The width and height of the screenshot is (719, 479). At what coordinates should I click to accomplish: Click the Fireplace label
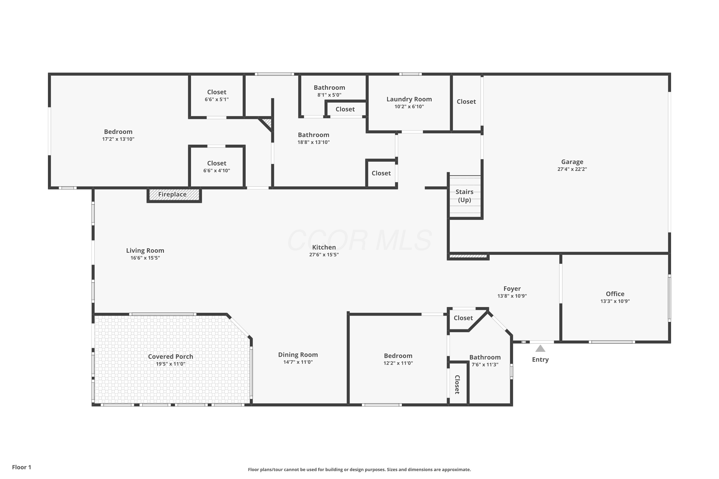click(172, 194)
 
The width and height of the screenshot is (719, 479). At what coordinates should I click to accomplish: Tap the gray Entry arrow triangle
click(540, 348)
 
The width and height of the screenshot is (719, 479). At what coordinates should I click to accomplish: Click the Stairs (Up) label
click(464, 196)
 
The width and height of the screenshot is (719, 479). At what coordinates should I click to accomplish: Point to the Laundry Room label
click(409, 99)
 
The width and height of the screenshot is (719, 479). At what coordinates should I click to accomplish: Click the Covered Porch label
click(171, 357)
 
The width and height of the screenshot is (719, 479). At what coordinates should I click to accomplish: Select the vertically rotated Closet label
click(457, 385)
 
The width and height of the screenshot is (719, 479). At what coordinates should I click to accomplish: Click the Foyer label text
click(512, 289)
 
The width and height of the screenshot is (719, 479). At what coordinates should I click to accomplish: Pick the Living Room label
click(145, 251)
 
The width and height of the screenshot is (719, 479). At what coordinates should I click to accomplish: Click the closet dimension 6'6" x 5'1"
click(217, 100)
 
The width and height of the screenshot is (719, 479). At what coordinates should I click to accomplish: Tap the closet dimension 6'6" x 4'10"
click(217, 171)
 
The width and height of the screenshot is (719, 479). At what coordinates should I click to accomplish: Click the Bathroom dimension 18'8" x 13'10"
click(314, 142)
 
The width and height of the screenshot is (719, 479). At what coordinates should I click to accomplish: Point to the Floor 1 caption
click(22, 467)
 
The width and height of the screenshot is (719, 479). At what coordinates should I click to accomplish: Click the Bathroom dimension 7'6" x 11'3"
click(485, 365)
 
